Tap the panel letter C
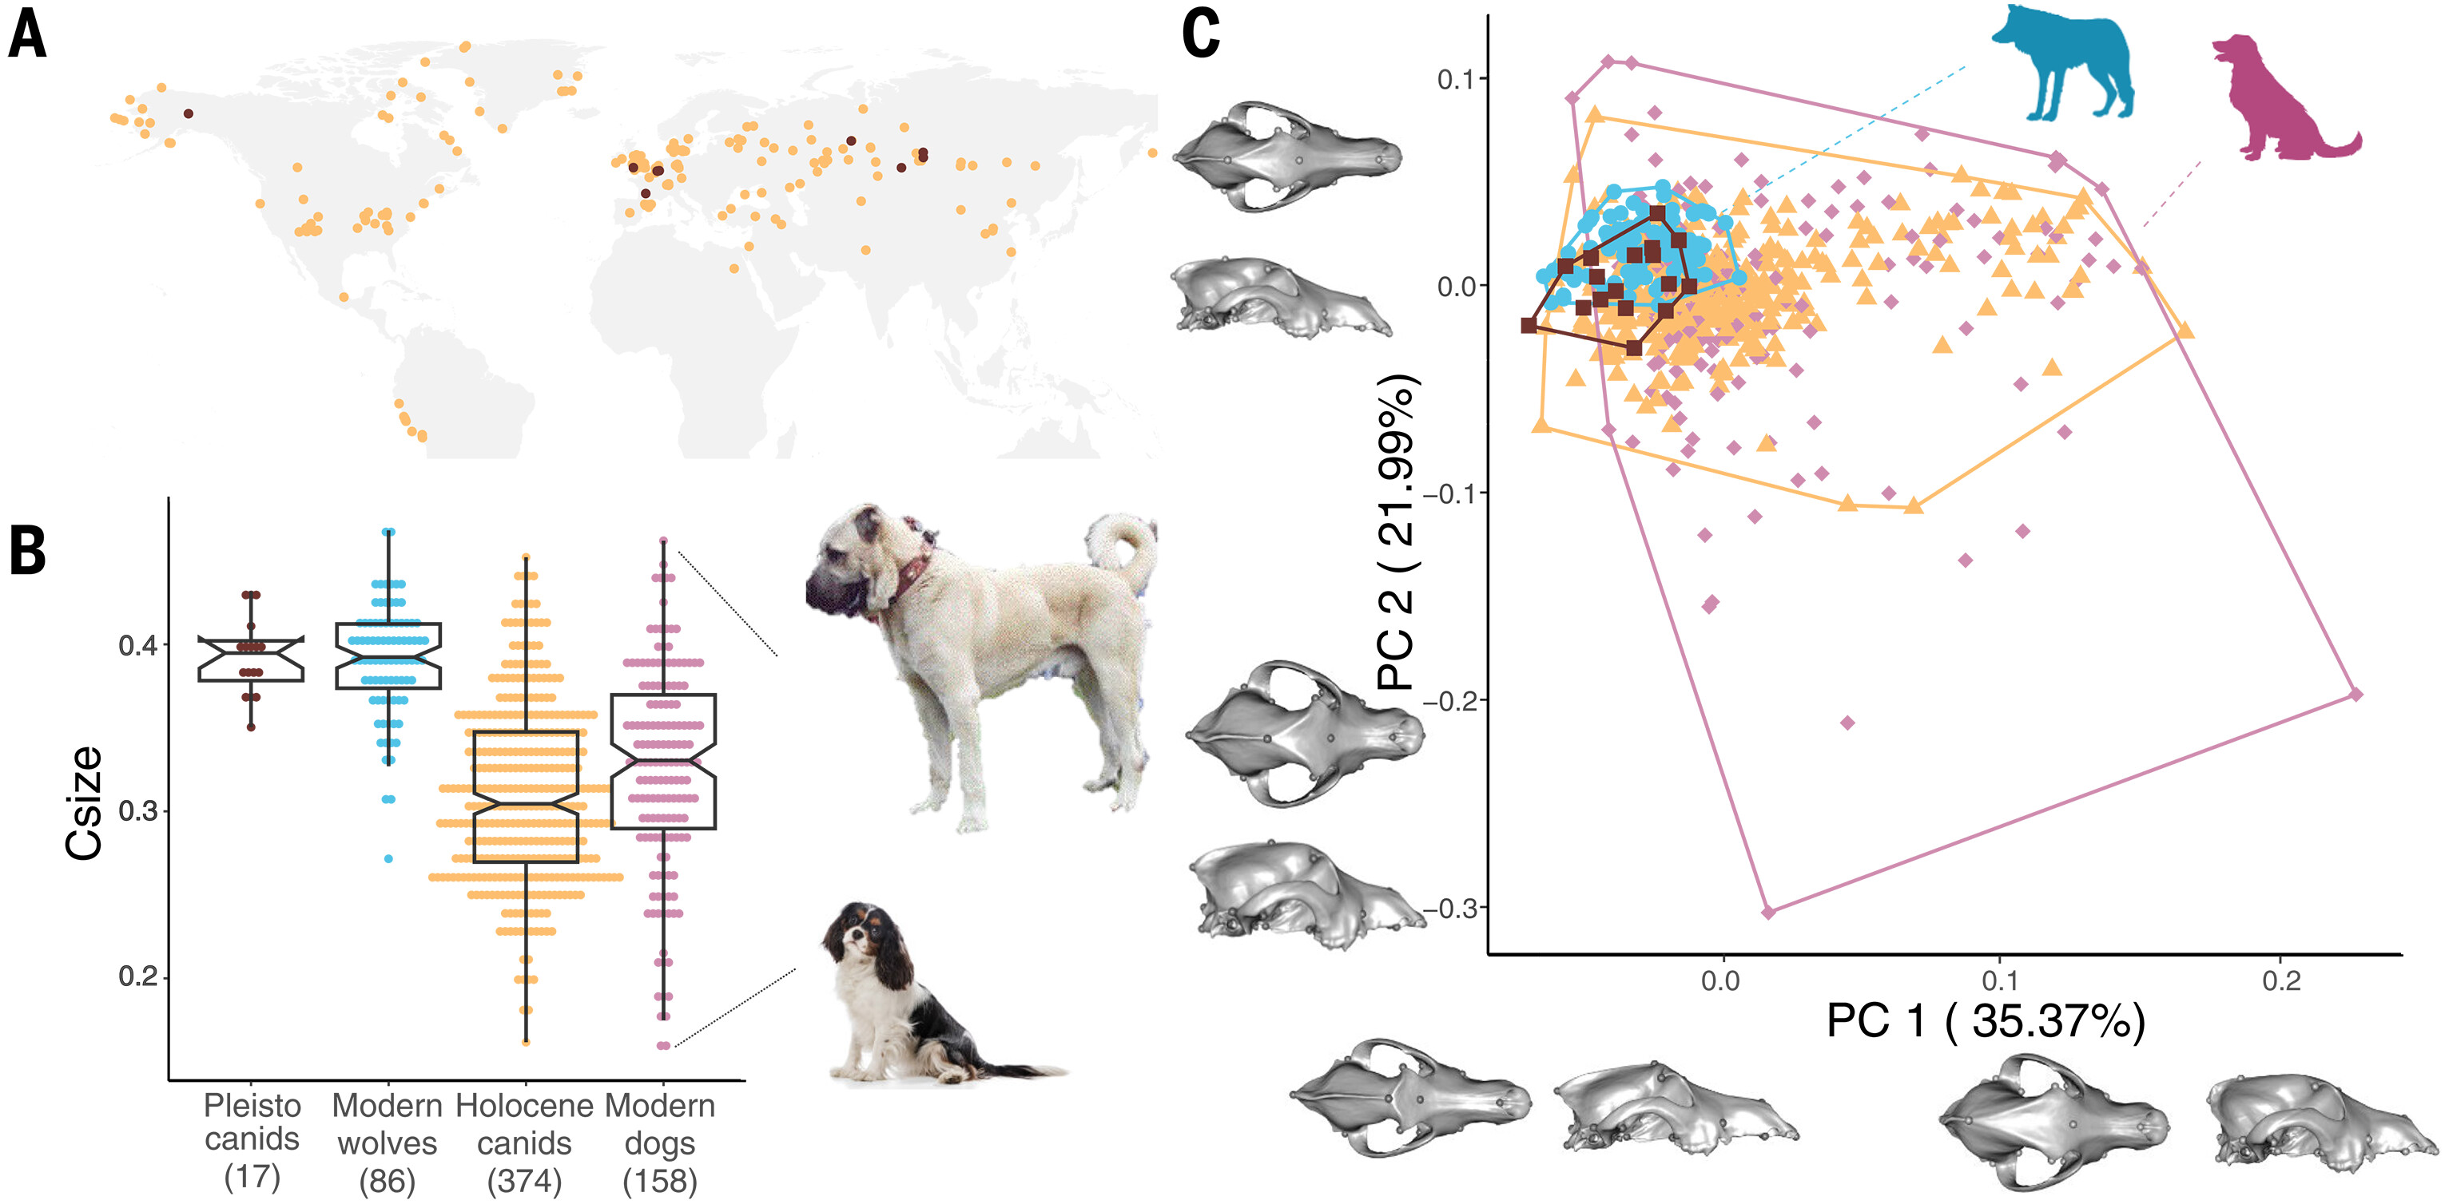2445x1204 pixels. (x=1201, y=36)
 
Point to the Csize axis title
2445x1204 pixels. (x=84, y=802)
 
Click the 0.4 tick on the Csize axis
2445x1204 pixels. (x=137, y=646)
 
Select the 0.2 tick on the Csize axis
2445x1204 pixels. (x=137, y=977)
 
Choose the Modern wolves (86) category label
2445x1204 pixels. (x=388, y=1143)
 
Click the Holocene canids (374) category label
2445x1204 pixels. (x=525, y=1143)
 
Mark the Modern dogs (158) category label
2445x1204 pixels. (x=661, y=1143)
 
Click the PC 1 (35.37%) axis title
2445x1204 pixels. (x=1986, y=1022)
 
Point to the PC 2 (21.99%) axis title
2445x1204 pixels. (x=1397, y=531)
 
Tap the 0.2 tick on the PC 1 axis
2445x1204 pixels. (x=2280, y=981)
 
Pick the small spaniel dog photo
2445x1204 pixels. (x=911, y=996)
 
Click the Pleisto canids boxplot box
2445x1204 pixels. (x=252, y=659)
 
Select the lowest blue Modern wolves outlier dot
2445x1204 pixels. (x=388, y=858)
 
